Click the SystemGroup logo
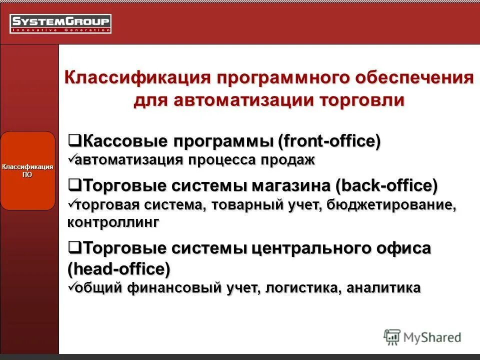(60, 23)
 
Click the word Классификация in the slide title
(136, 78)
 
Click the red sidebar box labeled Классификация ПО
(27, 170)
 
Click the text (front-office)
(329, 141)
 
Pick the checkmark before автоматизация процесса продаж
(71, 159)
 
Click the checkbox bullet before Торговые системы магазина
(74, 185)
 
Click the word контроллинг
(113, 222)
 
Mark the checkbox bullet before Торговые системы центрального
(74, 247)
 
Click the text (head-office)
(118, 269)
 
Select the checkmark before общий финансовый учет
(71, 287)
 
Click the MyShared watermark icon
(392, 337)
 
